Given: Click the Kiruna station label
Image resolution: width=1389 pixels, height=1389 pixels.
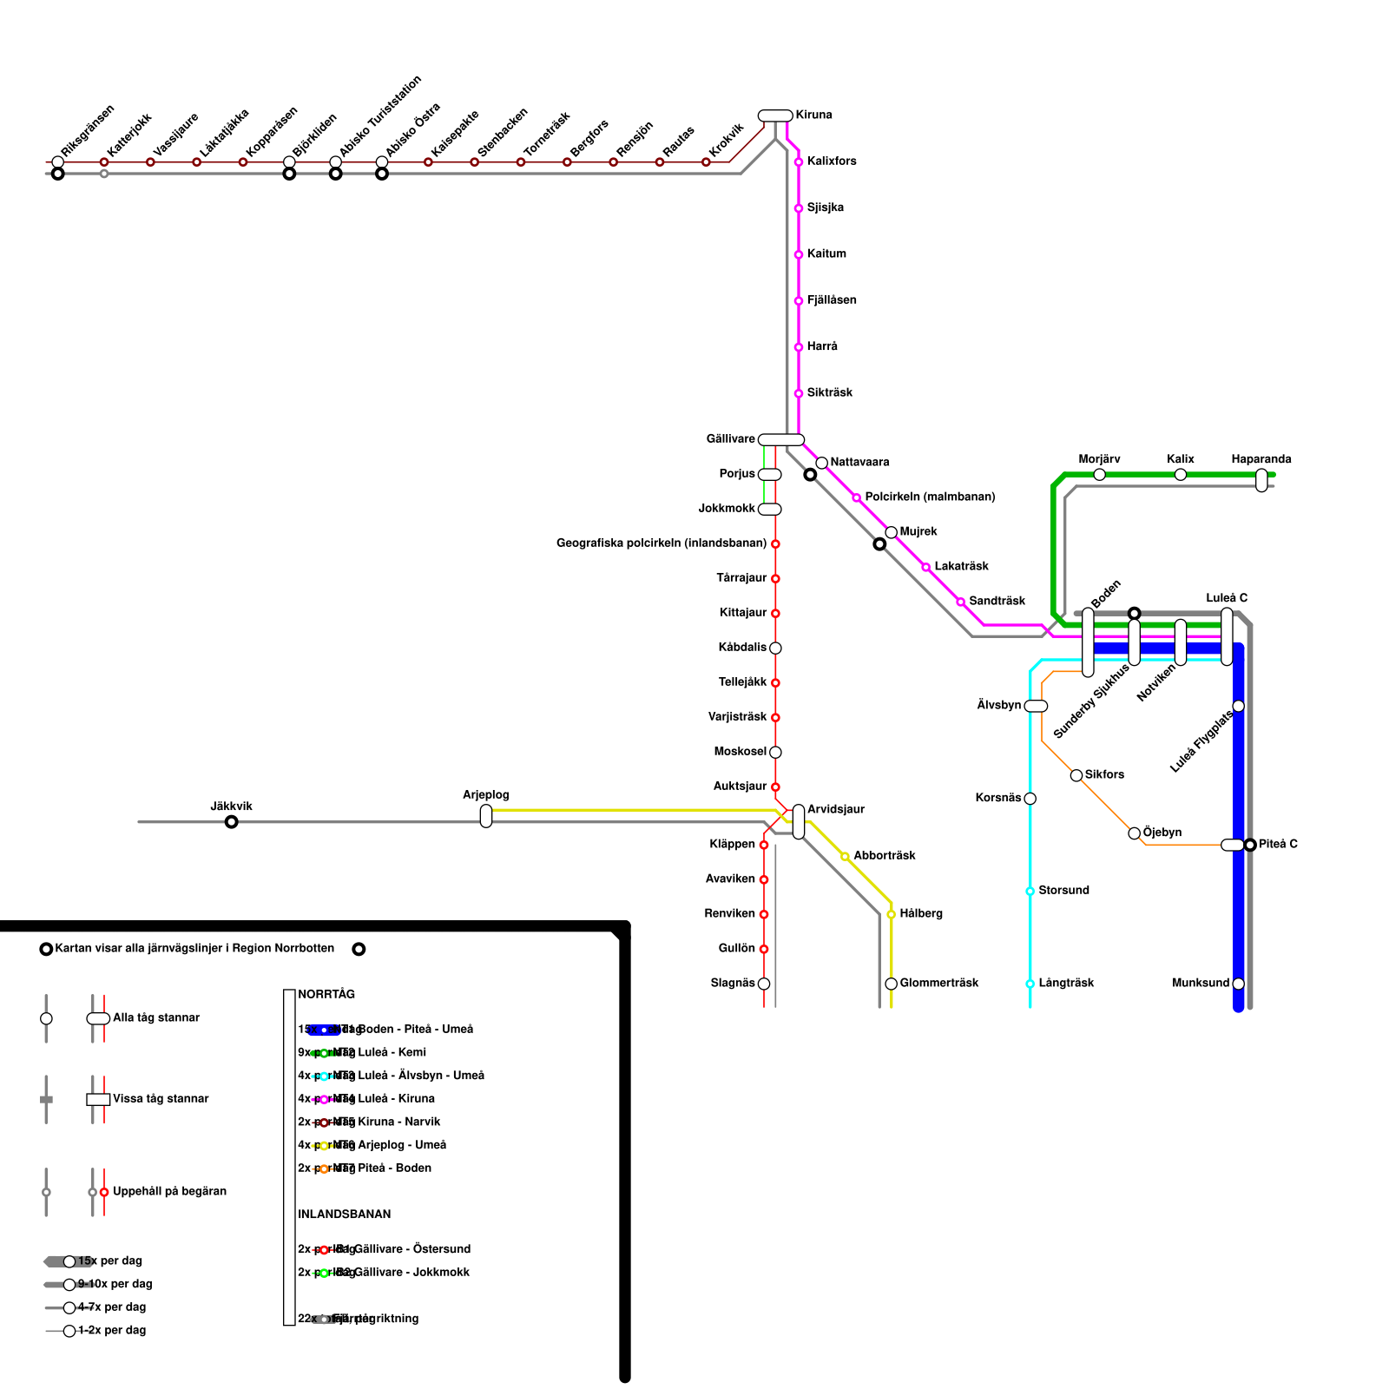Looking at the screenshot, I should (813, 115).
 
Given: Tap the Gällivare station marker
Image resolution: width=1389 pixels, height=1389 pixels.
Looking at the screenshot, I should (781, 440).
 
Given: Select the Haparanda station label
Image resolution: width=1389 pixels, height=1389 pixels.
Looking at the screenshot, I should (1261, 459).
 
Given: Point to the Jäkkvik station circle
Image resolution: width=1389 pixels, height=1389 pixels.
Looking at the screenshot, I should (231, 822).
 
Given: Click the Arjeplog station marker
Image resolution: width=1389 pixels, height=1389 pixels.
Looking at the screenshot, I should (486, 816).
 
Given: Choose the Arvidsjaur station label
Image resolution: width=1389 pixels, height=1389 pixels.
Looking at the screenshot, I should (835, 810).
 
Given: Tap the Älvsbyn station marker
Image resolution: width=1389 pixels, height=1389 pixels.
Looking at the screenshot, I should (1036, 707).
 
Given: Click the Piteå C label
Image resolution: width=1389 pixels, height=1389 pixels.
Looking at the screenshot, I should (1278, 845).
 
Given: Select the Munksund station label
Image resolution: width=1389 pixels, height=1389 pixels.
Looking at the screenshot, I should (1201, 984).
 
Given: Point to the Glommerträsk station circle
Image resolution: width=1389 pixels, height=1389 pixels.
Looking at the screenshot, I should (891, 984).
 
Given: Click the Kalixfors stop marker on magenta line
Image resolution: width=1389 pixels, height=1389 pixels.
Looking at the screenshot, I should (799, 162).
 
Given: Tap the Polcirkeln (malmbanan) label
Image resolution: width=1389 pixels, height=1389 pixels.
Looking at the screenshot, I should (930, 497).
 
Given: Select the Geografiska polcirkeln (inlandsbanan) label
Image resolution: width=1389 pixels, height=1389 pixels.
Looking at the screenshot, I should (662, 543).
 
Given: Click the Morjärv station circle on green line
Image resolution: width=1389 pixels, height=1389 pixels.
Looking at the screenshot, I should (1099, 475).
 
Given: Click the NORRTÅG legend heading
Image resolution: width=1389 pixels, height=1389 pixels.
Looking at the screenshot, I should (326, 995).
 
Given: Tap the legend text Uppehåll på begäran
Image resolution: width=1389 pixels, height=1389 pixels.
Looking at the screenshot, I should (169, 1192).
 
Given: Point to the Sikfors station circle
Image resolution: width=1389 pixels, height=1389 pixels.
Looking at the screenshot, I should (1076, 775).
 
